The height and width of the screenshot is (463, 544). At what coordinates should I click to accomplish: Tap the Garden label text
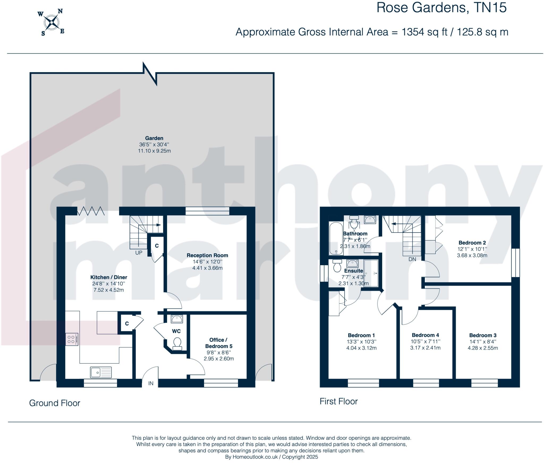click(154, 138)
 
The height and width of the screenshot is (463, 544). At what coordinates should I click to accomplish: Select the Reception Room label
click(207, 255)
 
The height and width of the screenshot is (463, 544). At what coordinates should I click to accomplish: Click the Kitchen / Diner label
click(109, 277)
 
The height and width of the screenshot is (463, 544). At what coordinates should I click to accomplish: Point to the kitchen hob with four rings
click(72, 339)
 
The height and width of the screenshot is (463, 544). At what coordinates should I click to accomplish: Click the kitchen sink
click(101, 372)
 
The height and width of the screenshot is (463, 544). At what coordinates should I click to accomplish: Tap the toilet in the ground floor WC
click(177, 343)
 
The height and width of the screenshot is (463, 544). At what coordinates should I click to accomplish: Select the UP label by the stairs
click(139, 253)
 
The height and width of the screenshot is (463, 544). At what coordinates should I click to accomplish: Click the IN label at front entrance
click(151, 383)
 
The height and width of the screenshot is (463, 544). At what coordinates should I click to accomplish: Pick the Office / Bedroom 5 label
click(218, 343)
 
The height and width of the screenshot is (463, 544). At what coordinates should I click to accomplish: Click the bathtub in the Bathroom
click(336, 238)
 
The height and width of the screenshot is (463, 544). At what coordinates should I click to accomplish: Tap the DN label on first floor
click(412, 259)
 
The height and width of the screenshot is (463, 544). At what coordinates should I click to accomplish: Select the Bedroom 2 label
click(472, 243)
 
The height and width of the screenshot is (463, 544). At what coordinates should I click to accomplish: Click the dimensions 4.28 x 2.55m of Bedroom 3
click(483, 348)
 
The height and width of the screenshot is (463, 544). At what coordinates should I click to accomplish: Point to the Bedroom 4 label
click(425, 335)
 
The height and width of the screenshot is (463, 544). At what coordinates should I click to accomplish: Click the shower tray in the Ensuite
click(371, 273)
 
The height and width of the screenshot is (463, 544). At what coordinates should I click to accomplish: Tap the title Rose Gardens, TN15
click(441, 7)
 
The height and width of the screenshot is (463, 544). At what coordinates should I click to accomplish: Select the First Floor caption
click(338, 401)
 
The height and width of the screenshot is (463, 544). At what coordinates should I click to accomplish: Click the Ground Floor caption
click(54, 403)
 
